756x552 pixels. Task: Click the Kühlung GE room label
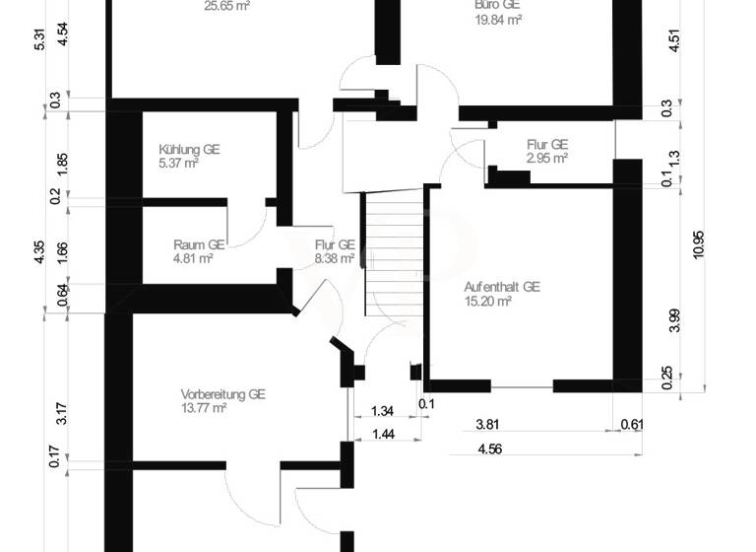[x=189, y=150]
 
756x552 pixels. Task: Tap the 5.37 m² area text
[x=178, y=164]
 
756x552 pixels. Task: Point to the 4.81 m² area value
[x=193, y=259]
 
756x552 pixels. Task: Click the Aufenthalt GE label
[x=502, y=287]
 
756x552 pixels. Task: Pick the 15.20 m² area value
[x=487, y=302]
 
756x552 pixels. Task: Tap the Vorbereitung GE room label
[x=223, y=392]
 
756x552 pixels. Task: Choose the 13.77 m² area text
[x=204, y=407]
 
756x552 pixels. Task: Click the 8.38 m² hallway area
[x=335, y=259]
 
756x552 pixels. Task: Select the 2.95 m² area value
[x=546, y=158]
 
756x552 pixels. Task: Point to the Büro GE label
[x=497, y=4]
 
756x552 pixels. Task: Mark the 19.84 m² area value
[x=497, y=18]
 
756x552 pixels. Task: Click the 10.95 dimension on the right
[x=699, y=243]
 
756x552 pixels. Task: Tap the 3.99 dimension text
[x=674, y=321]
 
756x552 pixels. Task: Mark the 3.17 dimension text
[x=61, y=412]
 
